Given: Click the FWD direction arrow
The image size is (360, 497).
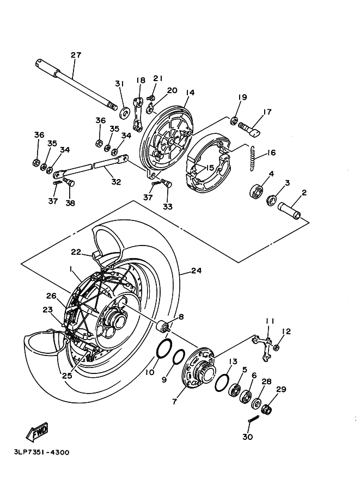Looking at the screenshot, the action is click(x=37, y=432).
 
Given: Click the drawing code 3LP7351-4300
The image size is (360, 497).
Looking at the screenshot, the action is click(x=41, y=452).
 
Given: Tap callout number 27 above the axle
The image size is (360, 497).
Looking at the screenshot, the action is click(x=76, y=55).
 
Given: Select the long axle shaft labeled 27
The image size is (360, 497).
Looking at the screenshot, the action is click(x=76, y=84).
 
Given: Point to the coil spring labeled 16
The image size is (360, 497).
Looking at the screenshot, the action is click(x=253, y=158).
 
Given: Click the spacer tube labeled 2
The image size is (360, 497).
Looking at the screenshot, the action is click(x=289, y=211).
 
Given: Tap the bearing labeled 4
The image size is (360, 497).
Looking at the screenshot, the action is click(x=257, y=189).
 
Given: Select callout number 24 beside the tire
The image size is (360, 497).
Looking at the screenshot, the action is click(x=196, y=271).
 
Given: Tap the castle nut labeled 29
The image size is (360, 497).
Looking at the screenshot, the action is click(x=267, y=409).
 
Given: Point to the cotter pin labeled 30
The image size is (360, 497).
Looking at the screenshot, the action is click(x=254, y=423).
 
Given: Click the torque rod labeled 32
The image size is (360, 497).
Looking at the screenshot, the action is click(x=91, y=167).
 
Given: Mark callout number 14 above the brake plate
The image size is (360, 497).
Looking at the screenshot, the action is click(x=190, y=93).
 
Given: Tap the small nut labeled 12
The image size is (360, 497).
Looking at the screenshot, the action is click(x=276, y=347).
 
